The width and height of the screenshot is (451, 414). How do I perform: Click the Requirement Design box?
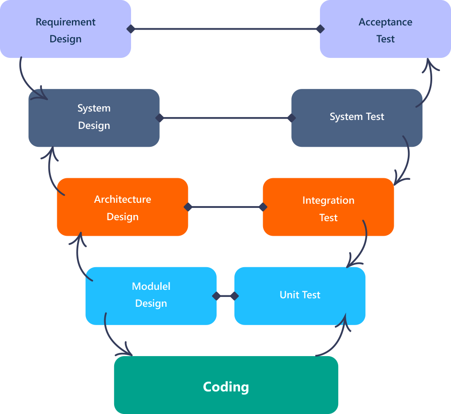pos(65,29)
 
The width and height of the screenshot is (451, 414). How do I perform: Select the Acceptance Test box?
pos(385,29)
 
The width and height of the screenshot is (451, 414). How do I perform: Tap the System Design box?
pos(94,118)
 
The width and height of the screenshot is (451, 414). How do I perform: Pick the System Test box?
pos(357,118)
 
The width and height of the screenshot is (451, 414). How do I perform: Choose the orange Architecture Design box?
pos(123,207)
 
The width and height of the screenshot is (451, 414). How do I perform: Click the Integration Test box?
pos(328,207)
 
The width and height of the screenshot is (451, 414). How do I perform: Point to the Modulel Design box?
pos(151,295)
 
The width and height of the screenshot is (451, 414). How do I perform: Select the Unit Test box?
pos(300,295)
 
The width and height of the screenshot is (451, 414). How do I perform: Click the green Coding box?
pos(226,385)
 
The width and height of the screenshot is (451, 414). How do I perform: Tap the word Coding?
pos(226,387)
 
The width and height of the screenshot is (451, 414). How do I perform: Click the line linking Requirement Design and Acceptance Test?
pos(225,29)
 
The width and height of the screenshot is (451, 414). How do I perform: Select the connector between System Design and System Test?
pos(225,118)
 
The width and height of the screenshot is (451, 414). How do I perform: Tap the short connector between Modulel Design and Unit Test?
pos(225,296)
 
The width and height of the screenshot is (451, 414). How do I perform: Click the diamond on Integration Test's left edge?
pos(263,207)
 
